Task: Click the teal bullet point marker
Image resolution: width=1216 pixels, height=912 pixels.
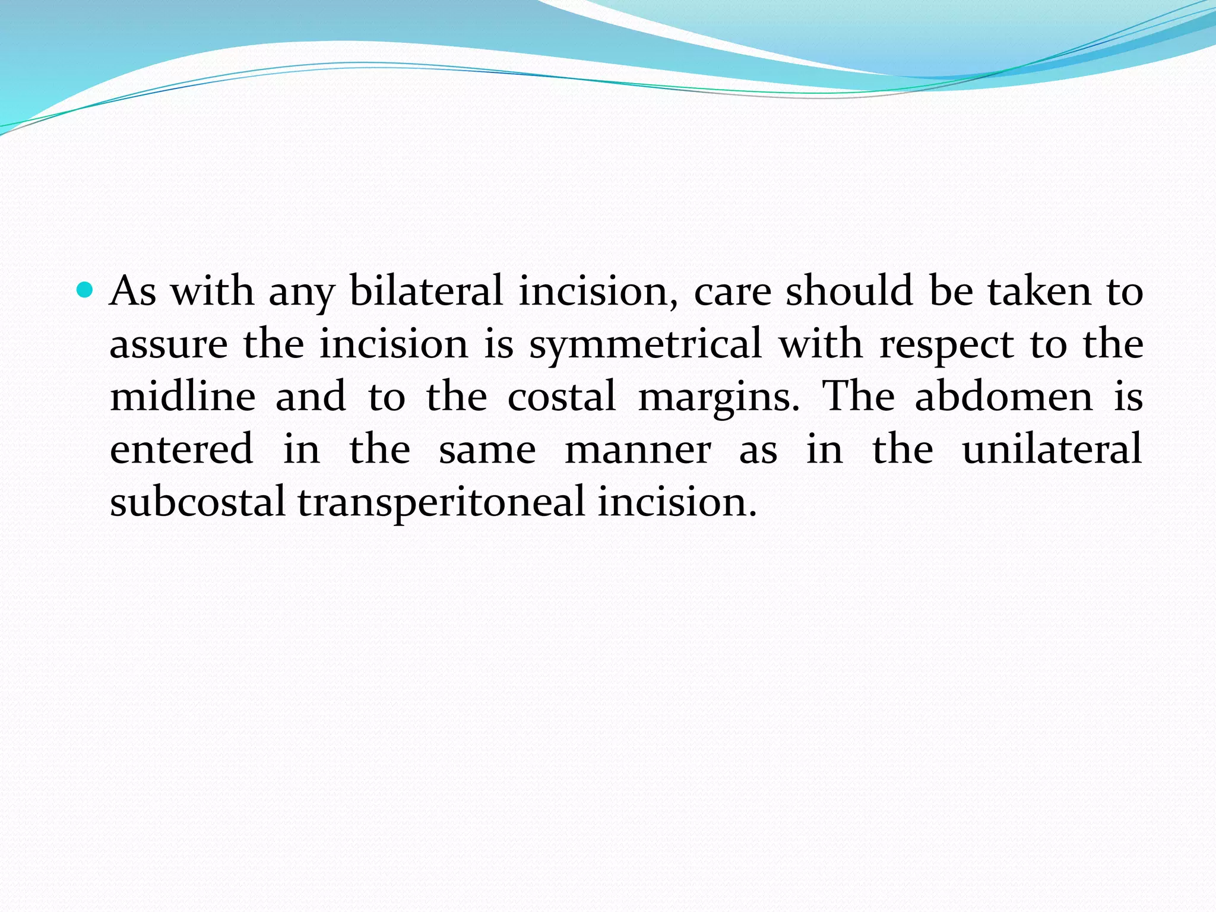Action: (86, 290)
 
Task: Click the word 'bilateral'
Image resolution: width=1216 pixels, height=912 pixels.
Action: (426, 291)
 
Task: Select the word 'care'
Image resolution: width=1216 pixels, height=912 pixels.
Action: (732, 292)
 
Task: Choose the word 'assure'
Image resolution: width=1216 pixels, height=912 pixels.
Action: (169, 344)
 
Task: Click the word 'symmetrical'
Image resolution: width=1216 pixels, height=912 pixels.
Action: (645, 344)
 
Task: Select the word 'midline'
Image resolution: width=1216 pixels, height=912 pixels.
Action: (183, 397)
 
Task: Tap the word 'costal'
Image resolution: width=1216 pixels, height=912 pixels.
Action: (561, 397)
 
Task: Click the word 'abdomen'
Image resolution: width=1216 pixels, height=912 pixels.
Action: (1003, 397)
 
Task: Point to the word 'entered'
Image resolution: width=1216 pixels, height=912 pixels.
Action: (182, 449)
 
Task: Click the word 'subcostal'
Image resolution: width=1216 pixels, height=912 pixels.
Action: (198, 502)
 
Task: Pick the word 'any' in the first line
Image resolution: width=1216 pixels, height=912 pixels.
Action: (302, 292)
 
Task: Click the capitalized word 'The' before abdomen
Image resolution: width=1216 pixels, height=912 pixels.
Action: (858, 397)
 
